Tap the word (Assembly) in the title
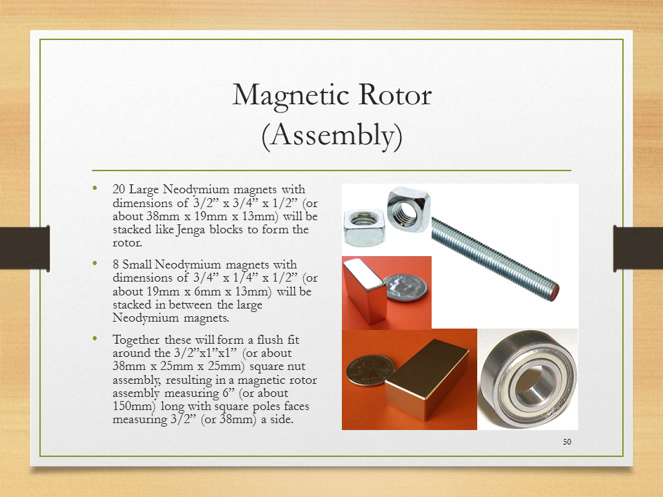(332, 136)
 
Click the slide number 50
(567, 442)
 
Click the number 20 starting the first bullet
(119, 189)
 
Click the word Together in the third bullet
(136, 340)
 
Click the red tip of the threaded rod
(553, 292)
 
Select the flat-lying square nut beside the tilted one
(365, 227)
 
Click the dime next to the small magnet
(405, 287)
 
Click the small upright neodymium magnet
(365, 290)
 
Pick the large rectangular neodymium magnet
(427, 378)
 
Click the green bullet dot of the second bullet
(95, 263)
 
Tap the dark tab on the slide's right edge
(638, 248)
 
